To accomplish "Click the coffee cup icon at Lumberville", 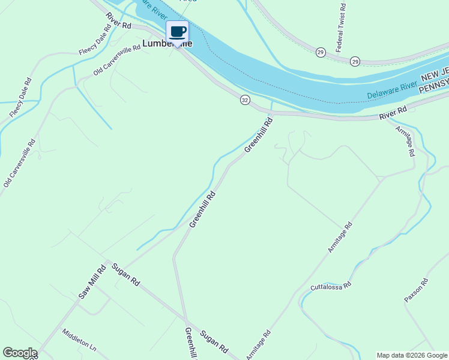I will point(177,32).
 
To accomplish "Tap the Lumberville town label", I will point(167,44).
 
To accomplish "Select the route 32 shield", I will point(244,100).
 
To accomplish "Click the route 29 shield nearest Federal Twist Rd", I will point(321,52).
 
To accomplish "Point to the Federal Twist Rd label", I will point(341,27).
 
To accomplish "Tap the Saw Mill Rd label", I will point(92,283).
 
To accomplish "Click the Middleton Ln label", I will point(79,340).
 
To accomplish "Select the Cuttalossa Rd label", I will point(330,287).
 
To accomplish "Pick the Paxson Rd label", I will point(415,290).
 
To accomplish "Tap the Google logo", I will point(20,353).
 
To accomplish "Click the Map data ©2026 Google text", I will point(412,355).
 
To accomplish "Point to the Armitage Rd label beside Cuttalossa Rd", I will point(340,238).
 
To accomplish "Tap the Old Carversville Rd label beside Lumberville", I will point(117,59).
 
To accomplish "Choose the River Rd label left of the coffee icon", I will point(118,21).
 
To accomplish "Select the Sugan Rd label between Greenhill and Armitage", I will point(214,341).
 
